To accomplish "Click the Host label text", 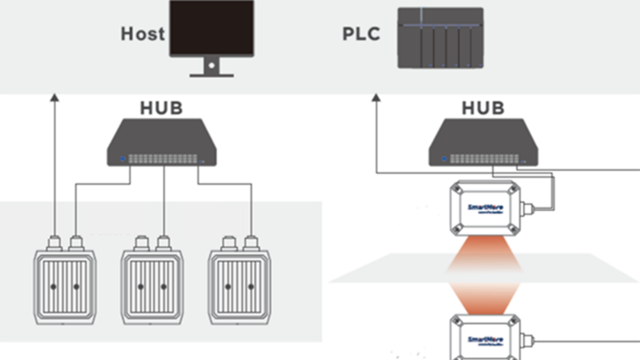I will (x=143, y=35).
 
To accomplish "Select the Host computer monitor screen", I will (x=213, y=28).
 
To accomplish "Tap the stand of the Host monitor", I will (x=213, y=67).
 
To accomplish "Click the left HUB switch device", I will (x=163, y=145).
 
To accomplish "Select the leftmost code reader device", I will (x=64, y=284).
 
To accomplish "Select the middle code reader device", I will (x=151, y=284).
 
